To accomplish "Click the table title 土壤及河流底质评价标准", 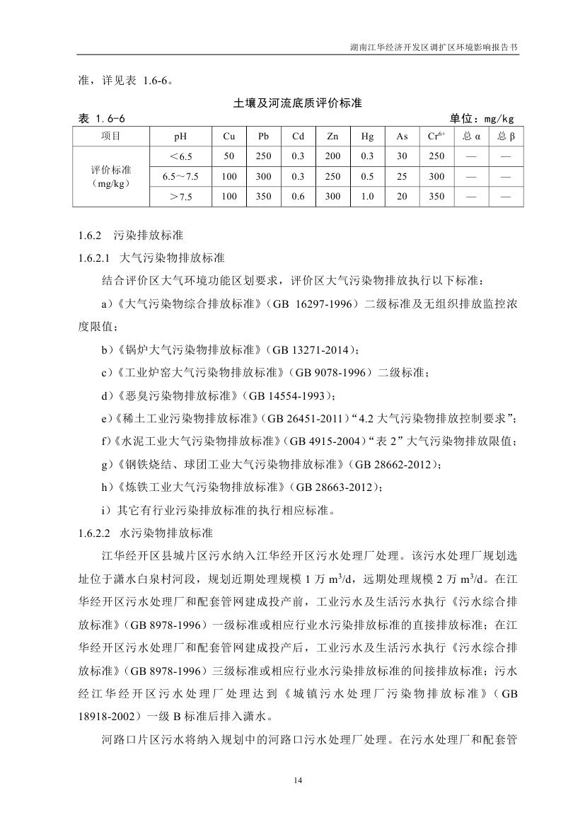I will [x=297, y=103].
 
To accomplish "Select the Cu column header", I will [x=228, y=137].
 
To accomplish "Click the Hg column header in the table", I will [x=367, y=137].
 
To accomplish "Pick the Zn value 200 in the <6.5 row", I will [x=332, y=156].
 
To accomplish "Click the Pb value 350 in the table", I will [x=263, y=197].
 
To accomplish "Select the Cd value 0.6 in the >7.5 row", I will [x=298, y=197].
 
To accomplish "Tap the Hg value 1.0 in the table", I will [x=367, y=197].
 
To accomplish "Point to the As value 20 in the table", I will [x=402, y=197].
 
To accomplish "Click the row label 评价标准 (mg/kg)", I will [x=111, y=176].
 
